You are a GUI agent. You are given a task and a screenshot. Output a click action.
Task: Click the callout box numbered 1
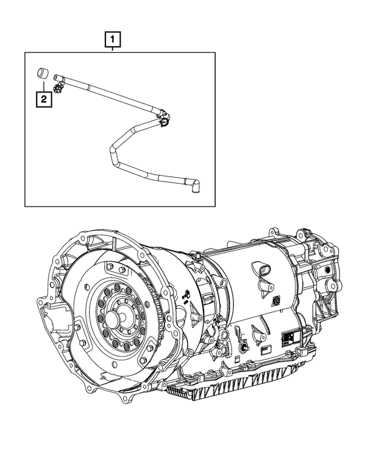click(x=113, y=40)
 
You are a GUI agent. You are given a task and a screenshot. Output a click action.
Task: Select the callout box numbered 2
click(x=43, y=99)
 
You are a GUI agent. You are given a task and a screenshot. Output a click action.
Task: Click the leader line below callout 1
click(x=113, y=49)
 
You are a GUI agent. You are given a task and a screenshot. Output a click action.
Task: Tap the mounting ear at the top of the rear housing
click(x=303, y=233)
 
